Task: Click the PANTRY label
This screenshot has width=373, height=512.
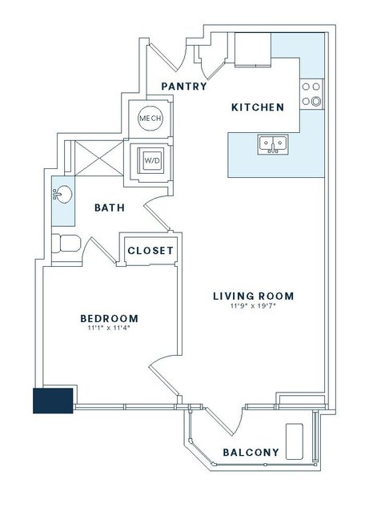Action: [184, 87]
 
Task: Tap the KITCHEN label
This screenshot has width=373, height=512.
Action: [258, 107]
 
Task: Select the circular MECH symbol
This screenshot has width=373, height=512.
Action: [150, 119]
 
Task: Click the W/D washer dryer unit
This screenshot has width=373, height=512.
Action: [150, 160]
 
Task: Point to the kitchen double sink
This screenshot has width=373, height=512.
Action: [273, 144]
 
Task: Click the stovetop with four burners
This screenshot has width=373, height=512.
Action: [311, 94]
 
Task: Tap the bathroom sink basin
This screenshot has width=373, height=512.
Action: [62, 195]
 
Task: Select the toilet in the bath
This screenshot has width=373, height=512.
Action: [66, 244]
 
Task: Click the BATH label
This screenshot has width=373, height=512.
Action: [110, 208]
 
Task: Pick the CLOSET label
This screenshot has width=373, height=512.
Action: [150, 251]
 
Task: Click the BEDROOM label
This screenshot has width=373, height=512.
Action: [110, 318]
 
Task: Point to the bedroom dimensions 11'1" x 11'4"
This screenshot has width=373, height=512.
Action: [109, 329]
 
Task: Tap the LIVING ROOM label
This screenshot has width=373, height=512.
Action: [254, 296]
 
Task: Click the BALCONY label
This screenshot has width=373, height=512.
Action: [251, 452]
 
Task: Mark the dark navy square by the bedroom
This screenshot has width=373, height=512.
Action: [53, 401]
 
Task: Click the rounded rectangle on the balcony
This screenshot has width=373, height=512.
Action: [295, 441]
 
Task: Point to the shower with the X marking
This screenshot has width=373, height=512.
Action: [99, 159]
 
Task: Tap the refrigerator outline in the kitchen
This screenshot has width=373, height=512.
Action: [253, 50]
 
